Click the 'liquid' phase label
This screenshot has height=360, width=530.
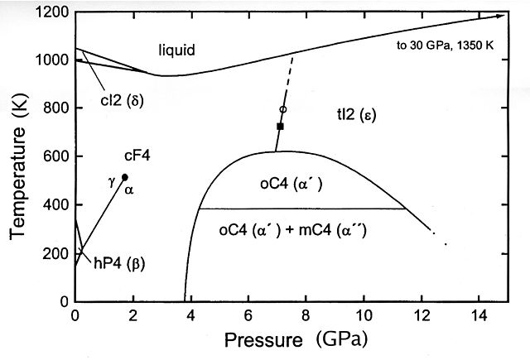point(176,51)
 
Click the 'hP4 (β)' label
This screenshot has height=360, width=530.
point(125,265)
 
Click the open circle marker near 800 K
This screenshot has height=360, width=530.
point(283,109)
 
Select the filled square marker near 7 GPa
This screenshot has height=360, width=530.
point(280,127)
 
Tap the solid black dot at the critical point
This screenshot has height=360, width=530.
point(125,177)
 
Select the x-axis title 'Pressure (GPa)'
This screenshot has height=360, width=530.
point(287,340)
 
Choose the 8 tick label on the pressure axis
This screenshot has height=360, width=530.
point(306,315)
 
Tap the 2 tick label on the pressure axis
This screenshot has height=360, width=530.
point(132,315)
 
